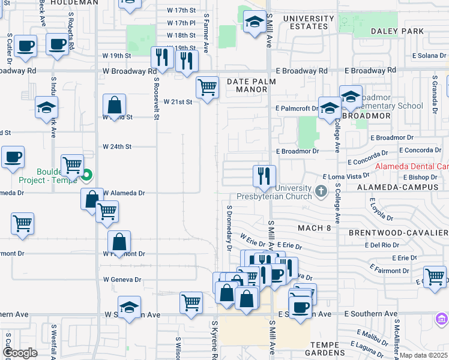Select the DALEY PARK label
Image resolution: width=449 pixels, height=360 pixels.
pyautogui.click(x=397, y=31)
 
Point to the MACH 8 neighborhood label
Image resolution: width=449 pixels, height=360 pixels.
pyautogui.click(x=314, y=228)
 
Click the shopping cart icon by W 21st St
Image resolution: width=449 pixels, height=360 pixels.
pyautogui.click(x=207, y=88)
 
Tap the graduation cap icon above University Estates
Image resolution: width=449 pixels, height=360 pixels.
pyautogui.click(x=255, y=23)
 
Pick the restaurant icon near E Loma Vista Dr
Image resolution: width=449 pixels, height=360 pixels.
pyautogui.click(x=264, y=176)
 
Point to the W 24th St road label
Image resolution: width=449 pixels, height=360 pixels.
pyautogui.click(x=117, y=146)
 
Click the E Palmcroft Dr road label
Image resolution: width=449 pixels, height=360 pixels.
pyautogui.click(x=296, y=109)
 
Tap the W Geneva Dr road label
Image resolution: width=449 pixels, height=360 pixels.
pyautogui.click(x=122, y=280)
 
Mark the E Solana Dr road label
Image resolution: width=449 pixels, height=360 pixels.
pyautogui.click(x=429, y=56)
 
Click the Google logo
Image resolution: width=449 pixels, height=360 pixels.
pyautogui.click(x=20, y=353)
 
